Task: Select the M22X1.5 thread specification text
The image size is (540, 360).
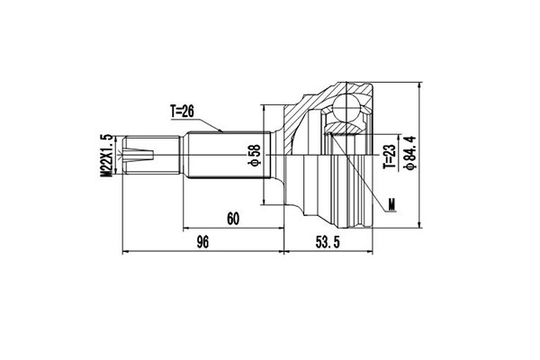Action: pyautogui.click(x=106, y=156)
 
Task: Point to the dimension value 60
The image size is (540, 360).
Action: pyautogui.click(x=233, y=218)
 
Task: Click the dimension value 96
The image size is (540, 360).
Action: pyautogui.click(x=202, y=241)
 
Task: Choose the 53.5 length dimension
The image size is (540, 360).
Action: pyautogui.click(x=327, y=241)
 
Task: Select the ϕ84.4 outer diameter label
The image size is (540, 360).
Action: pyautogui.click(x=409, y=155)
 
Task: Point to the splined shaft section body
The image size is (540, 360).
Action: pyautogui.click(x=225, y=155)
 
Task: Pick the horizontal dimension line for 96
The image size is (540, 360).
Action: pyautogui.click(x=202, y=251)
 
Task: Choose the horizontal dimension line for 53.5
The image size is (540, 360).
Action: pyautogui.click(x=327, y=251)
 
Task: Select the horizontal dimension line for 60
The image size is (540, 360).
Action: pyautogui.click(x=233, y=228)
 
